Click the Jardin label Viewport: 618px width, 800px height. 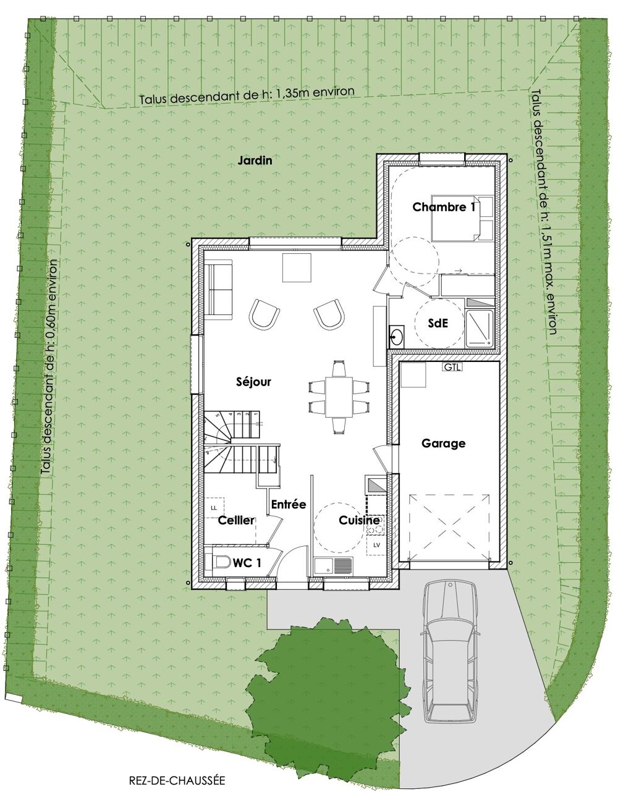coord(255,161)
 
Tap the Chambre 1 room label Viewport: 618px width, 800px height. coord(444,208)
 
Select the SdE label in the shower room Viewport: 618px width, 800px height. coord(438,323)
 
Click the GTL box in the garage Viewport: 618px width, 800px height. coord(452,367)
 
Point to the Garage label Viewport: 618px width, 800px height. coord(444,444)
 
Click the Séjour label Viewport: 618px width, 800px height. coord(253,382)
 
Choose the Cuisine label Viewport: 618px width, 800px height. coord(359,520)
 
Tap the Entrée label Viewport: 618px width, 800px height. coord(289,504)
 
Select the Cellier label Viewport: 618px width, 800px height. coord(236,520)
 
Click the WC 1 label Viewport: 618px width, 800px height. coord(247,563)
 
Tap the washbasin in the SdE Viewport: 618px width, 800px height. coord(397,336)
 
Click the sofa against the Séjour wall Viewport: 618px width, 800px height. coord(218,289)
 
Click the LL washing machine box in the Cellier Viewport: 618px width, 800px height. coord(214,508)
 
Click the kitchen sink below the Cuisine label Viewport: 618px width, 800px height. coord(333,565)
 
